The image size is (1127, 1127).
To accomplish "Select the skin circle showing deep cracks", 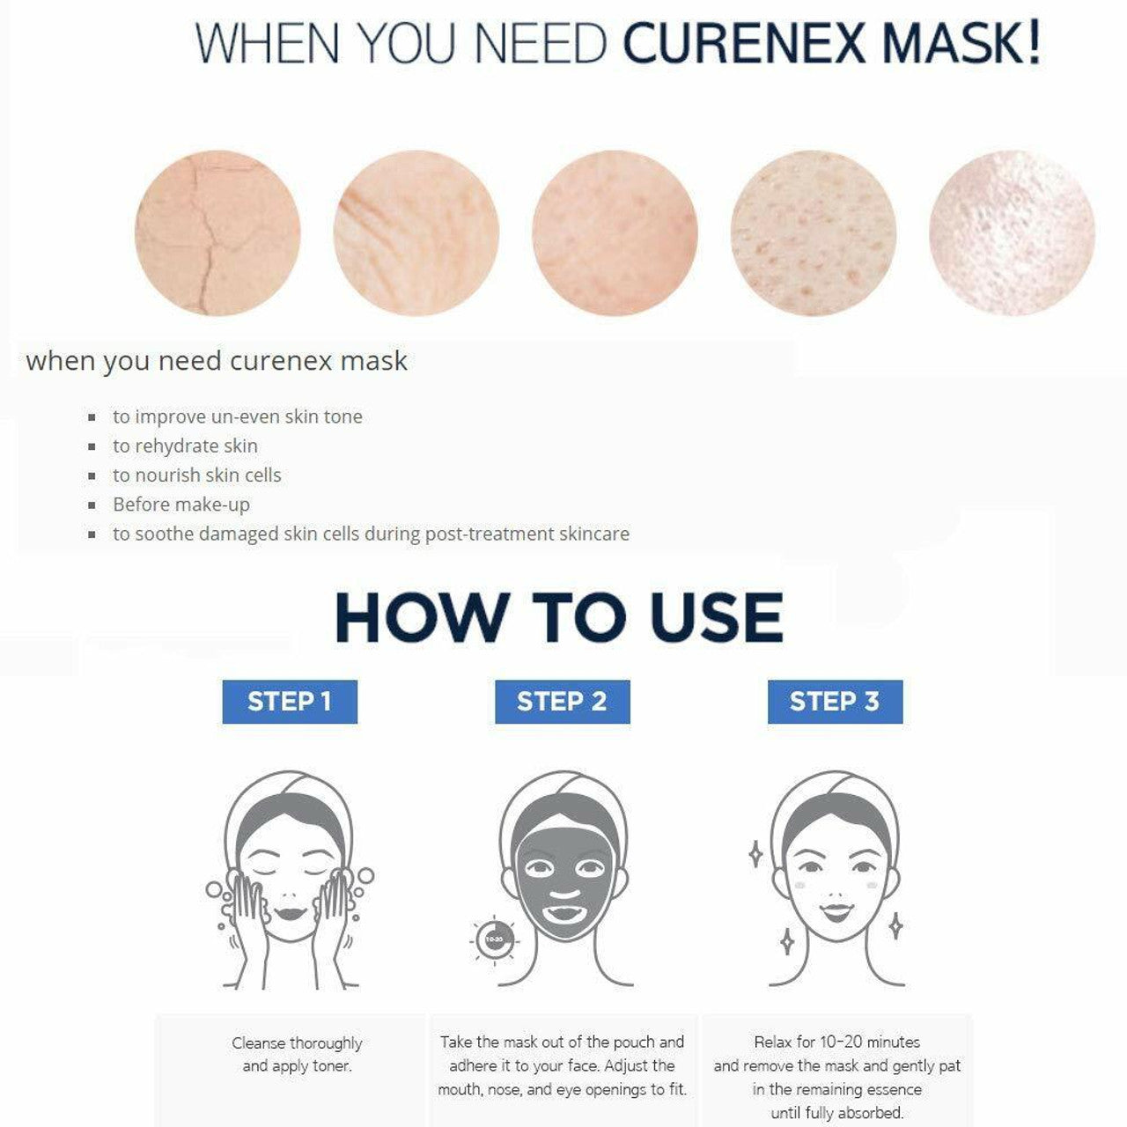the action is (x=217, y=232).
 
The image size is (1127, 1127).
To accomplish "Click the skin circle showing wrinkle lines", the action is (x=416, y=232).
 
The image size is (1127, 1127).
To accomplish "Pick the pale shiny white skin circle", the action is (x=1013, y=232).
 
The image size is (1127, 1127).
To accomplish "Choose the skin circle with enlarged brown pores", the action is (x=814, y=232).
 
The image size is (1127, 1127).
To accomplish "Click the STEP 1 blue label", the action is (x=290, y=701).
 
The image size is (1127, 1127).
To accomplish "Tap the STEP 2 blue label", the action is (x=562, y=701).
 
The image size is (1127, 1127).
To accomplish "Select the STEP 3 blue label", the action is (x=835, y=701).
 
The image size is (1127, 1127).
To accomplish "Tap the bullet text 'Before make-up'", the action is (x=181, y=505).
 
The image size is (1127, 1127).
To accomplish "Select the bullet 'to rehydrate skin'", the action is (x=185, y=446).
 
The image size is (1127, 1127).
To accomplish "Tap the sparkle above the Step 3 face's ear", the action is (x=755, y=854).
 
